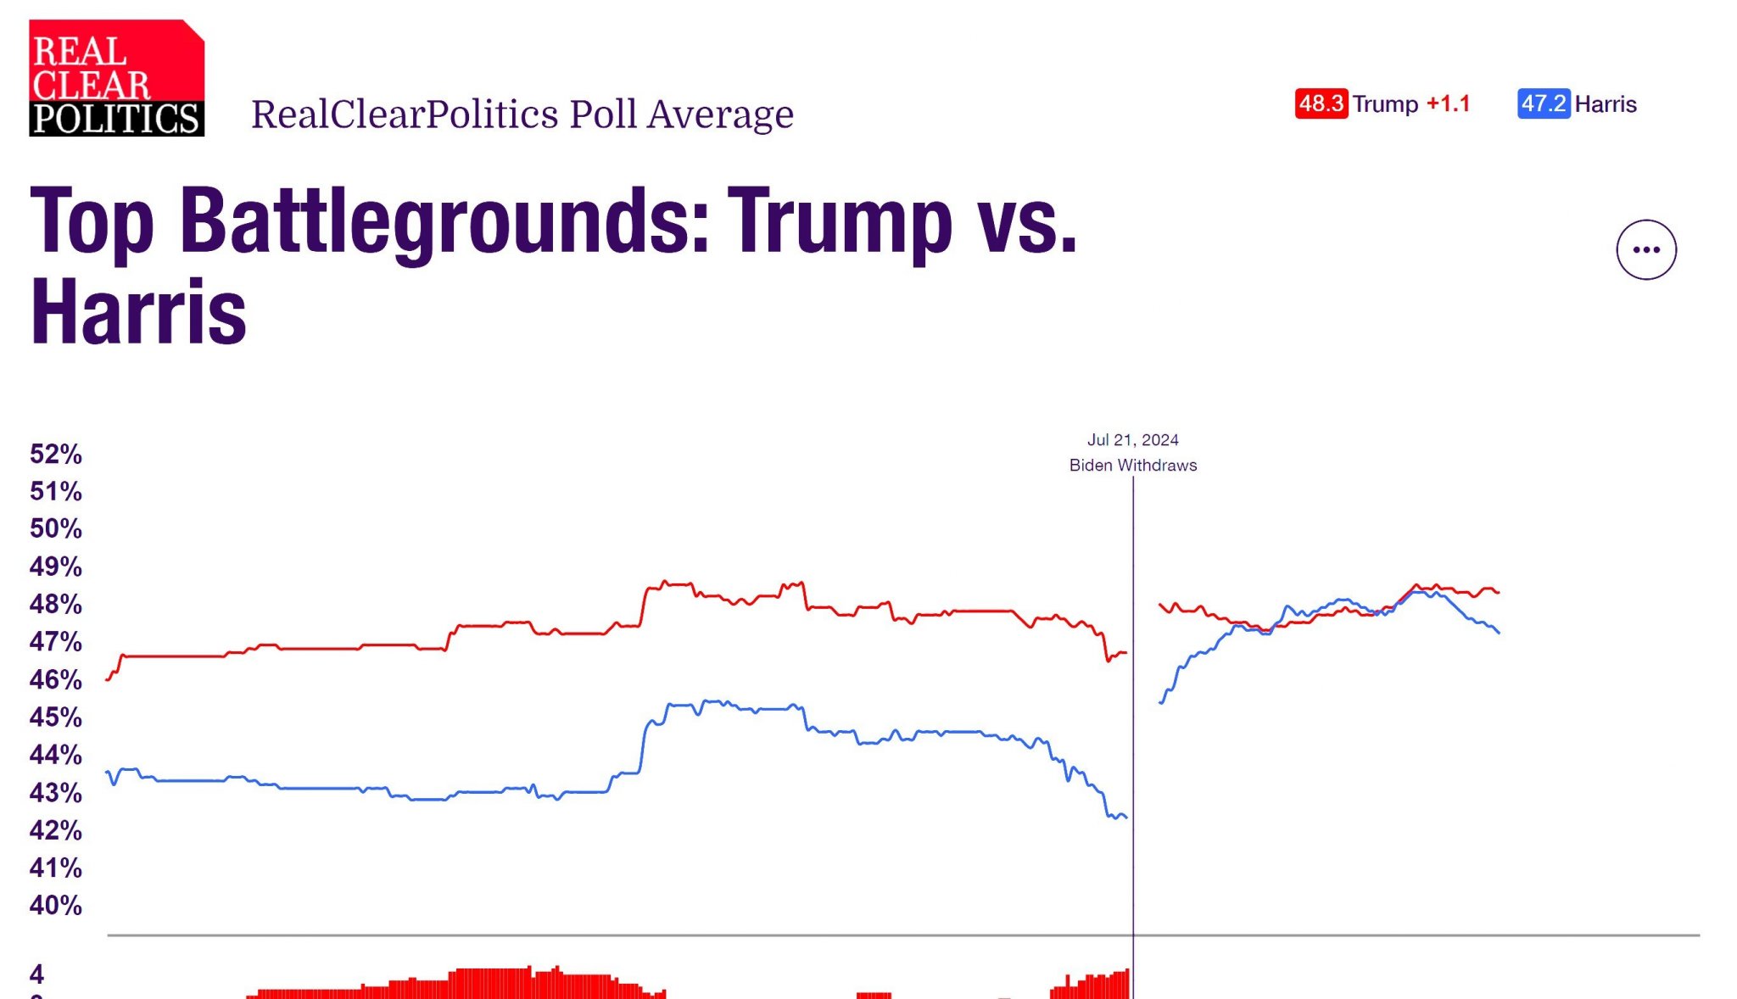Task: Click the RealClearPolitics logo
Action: pos(116,78)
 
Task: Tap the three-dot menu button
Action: pos(1645,249)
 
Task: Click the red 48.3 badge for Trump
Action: pos(1321,103)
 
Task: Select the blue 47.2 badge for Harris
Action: pos(1543,103)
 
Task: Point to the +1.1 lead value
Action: pos(1448,103)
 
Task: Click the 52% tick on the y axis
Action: pos(56,454)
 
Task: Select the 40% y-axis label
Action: pos(56,905)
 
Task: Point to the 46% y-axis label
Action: pos(56,679)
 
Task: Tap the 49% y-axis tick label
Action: pos(56,566)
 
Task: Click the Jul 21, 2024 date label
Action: pos(1132,439)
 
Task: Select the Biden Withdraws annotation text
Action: pos(1132,465)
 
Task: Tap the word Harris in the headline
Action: pos(138,312)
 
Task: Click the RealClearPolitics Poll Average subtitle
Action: pos(522,114)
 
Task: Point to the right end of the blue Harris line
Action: pos(1499,633)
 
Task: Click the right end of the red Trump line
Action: pos(1499,592)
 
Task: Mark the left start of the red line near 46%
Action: pos(107,679)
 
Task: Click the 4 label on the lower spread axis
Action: pos(36,974)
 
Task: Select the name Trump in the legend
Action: pos(1384,103)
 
